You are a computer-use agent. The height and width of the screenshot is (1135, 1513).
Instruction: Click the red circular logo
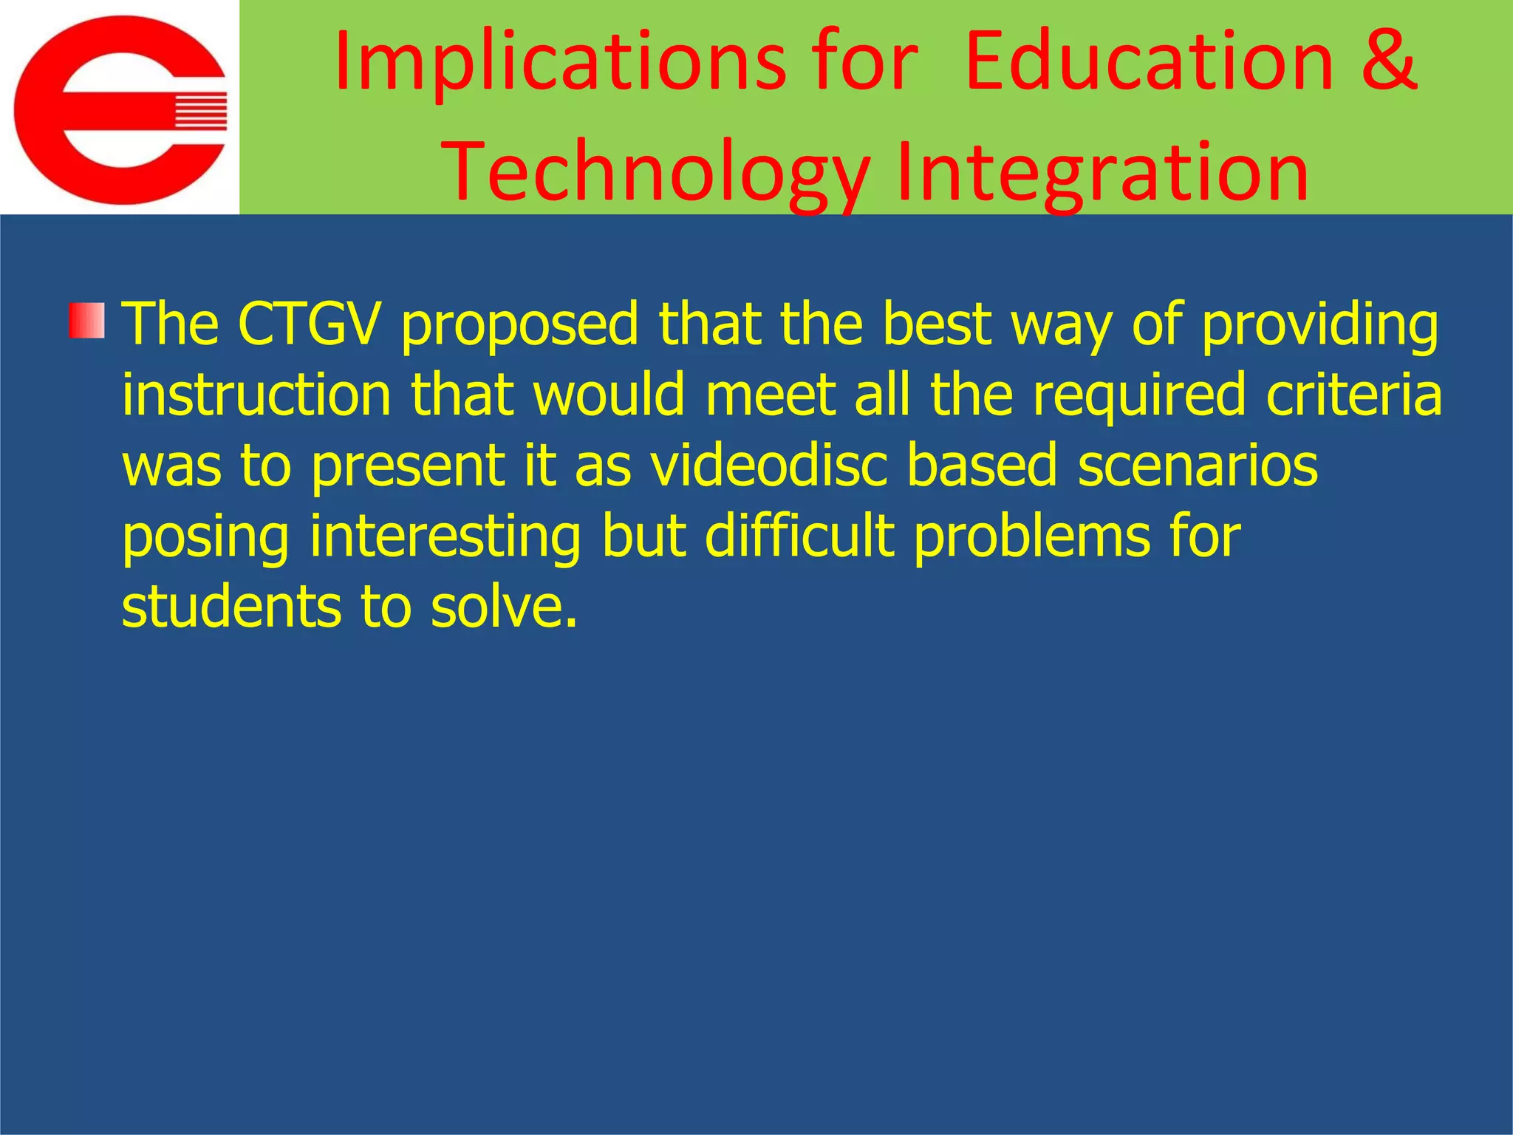coord(120,109)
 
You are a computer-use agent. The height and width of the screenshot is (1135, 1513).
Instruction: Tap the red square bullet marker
coord(87,321)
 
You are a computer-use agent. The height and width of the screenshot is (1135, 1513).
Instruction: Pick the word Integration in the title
coord(1102,173)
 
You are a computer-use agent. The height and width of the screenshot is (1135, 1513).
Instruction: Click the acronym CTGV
coord(310,324)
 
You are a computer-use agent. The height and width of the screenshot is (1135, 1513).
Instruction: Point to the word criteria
coord(1353,395)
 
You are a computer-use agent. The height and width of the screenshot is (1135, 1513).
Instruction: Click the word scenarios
coord(1198,465)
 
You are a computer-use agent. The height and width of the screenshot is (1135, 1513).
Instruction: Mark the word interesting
coord(445,536)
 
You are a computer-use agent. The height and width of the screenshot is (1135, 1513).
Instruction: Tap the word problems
coord(1031,536)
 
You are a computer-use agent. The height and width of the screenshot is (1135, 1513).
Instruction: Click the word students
coord(231,606)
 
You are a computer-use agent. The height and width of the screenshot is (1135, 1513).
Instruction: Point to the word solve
coord(502,606)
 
